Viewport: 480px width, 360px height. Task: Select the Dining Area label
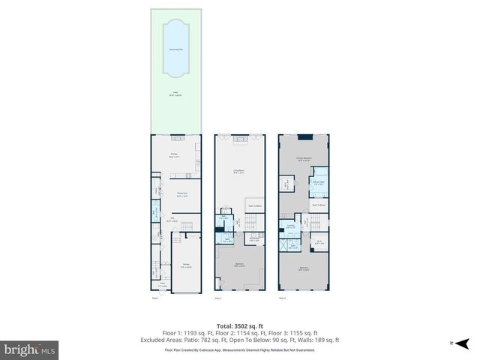[x=181, y=194]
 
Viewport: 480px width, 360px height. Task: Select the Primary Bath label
[x=318, y=181]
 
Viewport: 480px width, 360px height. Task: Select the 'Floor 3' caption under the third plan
[x=283, y=298]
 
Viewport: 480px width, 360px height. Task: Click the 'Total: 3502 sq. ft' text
[x=239, y=325]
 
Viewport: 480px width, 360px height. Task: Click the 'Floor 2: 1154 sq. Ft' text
[x=240, y=332]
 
